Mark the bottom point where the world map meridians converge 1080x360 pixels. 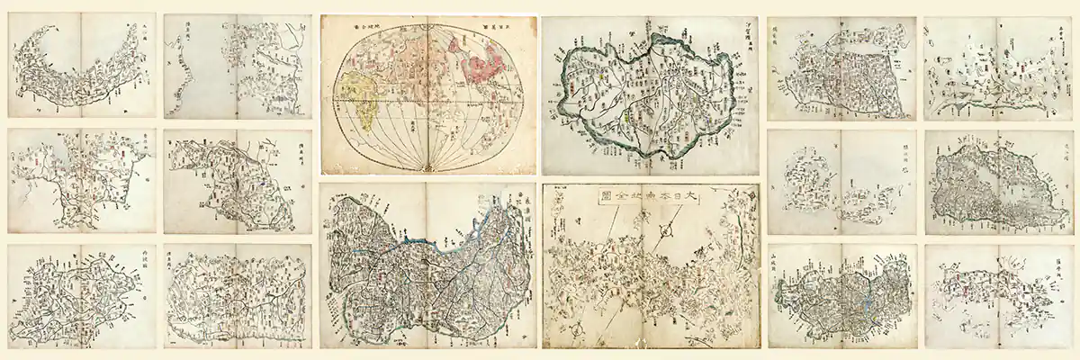click(x=429, y=169)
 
